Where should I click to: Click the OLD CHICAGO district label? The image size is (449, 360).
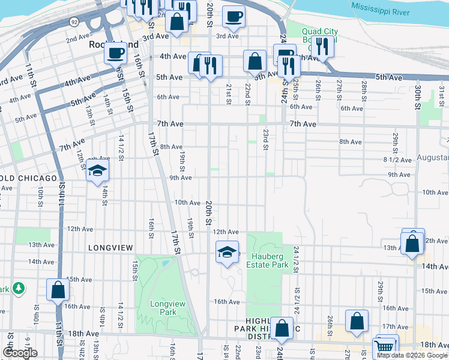(28, 179)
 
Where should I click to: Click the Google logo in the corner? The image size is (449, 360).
(20, 353)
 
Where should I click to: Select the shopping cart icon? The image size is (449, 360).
(384, 347)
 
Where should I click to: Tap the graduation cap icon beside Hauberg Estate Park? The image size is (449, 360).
(227, 252)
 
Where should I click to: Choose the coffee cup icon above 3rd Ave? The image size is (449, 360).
(234, 16)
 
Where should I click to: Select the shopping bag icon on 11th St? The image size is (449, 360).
(58, 290)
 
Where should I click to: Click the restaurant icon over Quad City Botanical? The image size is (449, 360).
(323, 46)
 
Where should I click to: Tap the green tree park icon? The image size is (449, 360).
(19, 289)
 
